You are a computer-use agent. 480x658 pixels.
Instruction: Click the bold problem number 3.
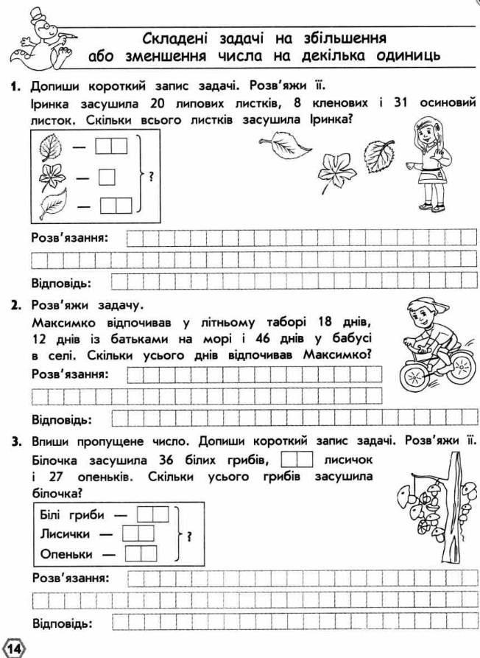14,442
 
